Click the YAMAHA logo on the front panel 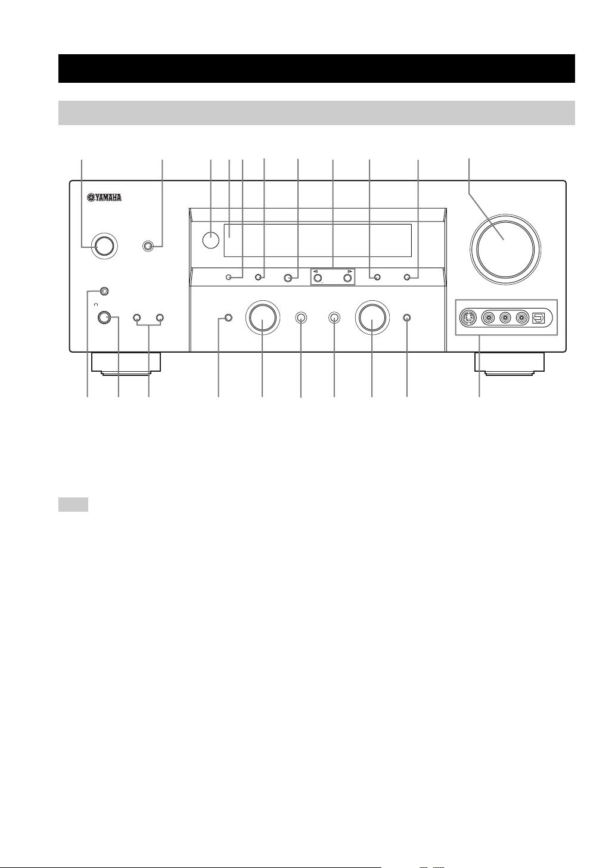point(104,198)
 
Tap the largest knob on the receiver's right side point(505,249)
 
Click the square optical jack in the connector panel point(539,318)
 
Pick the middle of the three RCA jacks point(505,318)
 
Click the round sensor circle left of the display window point(211,240)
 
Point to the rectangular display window point(318,240)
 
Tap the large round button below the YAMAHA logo point(105,246)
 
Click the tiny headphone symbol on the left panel point(97,304)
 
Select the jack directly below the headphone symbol point(104,318)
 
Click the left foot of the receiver point(126,363)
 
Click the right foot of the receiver point(509,363)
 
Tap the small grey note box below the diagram point(73,505)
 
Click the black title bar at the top point(316,69)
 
